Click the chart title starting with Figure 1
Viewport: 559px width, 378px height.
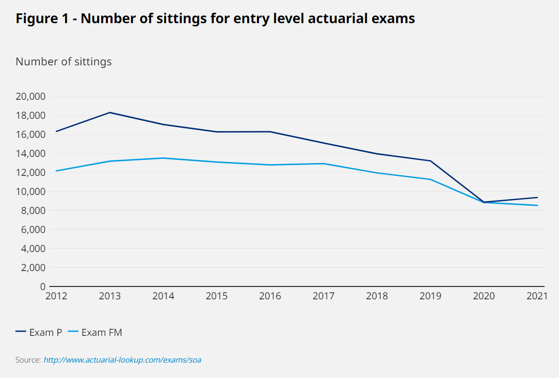[215, 19]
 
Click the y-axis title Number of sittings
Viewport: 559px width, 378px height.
[64, 62]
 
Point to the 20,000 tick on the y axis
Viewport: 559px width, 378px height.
[31, 97]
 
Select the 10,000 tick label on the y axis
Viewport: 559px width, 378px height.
[31, 192]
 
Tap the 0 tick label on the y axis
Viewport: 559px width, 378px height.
[43, 286]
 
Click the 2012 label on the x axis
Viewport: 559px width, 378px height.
[56, 296]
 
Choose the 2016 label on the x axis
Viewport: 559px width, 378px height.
[270, 296]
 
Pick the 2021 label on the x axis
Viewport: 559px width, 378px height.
[537, 296]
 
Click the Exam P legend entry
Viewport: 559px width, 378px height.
[40, 332]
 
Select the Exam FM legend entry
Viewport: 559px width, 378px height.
[96, 332]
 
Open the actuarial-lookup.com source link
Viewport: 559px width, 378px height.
[122, 360]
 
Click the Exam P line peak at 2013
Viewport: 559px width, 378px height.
[110, 112]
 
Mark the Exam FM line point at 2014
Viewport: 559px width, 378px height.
[163, 158]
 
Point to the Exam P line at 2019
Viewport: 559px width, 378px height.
[431, 161]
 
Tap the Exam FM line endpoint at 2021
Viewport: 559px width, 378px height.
[537, 205]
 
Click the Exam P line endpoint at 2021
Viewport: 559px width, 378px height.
[537, 197]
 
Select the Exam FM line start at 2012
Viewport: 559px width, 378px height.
[56, 171]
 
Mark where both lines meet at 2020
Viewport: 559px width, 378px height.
[484, 202]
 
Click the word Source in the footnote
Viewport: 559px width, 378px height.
[28, 360]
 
